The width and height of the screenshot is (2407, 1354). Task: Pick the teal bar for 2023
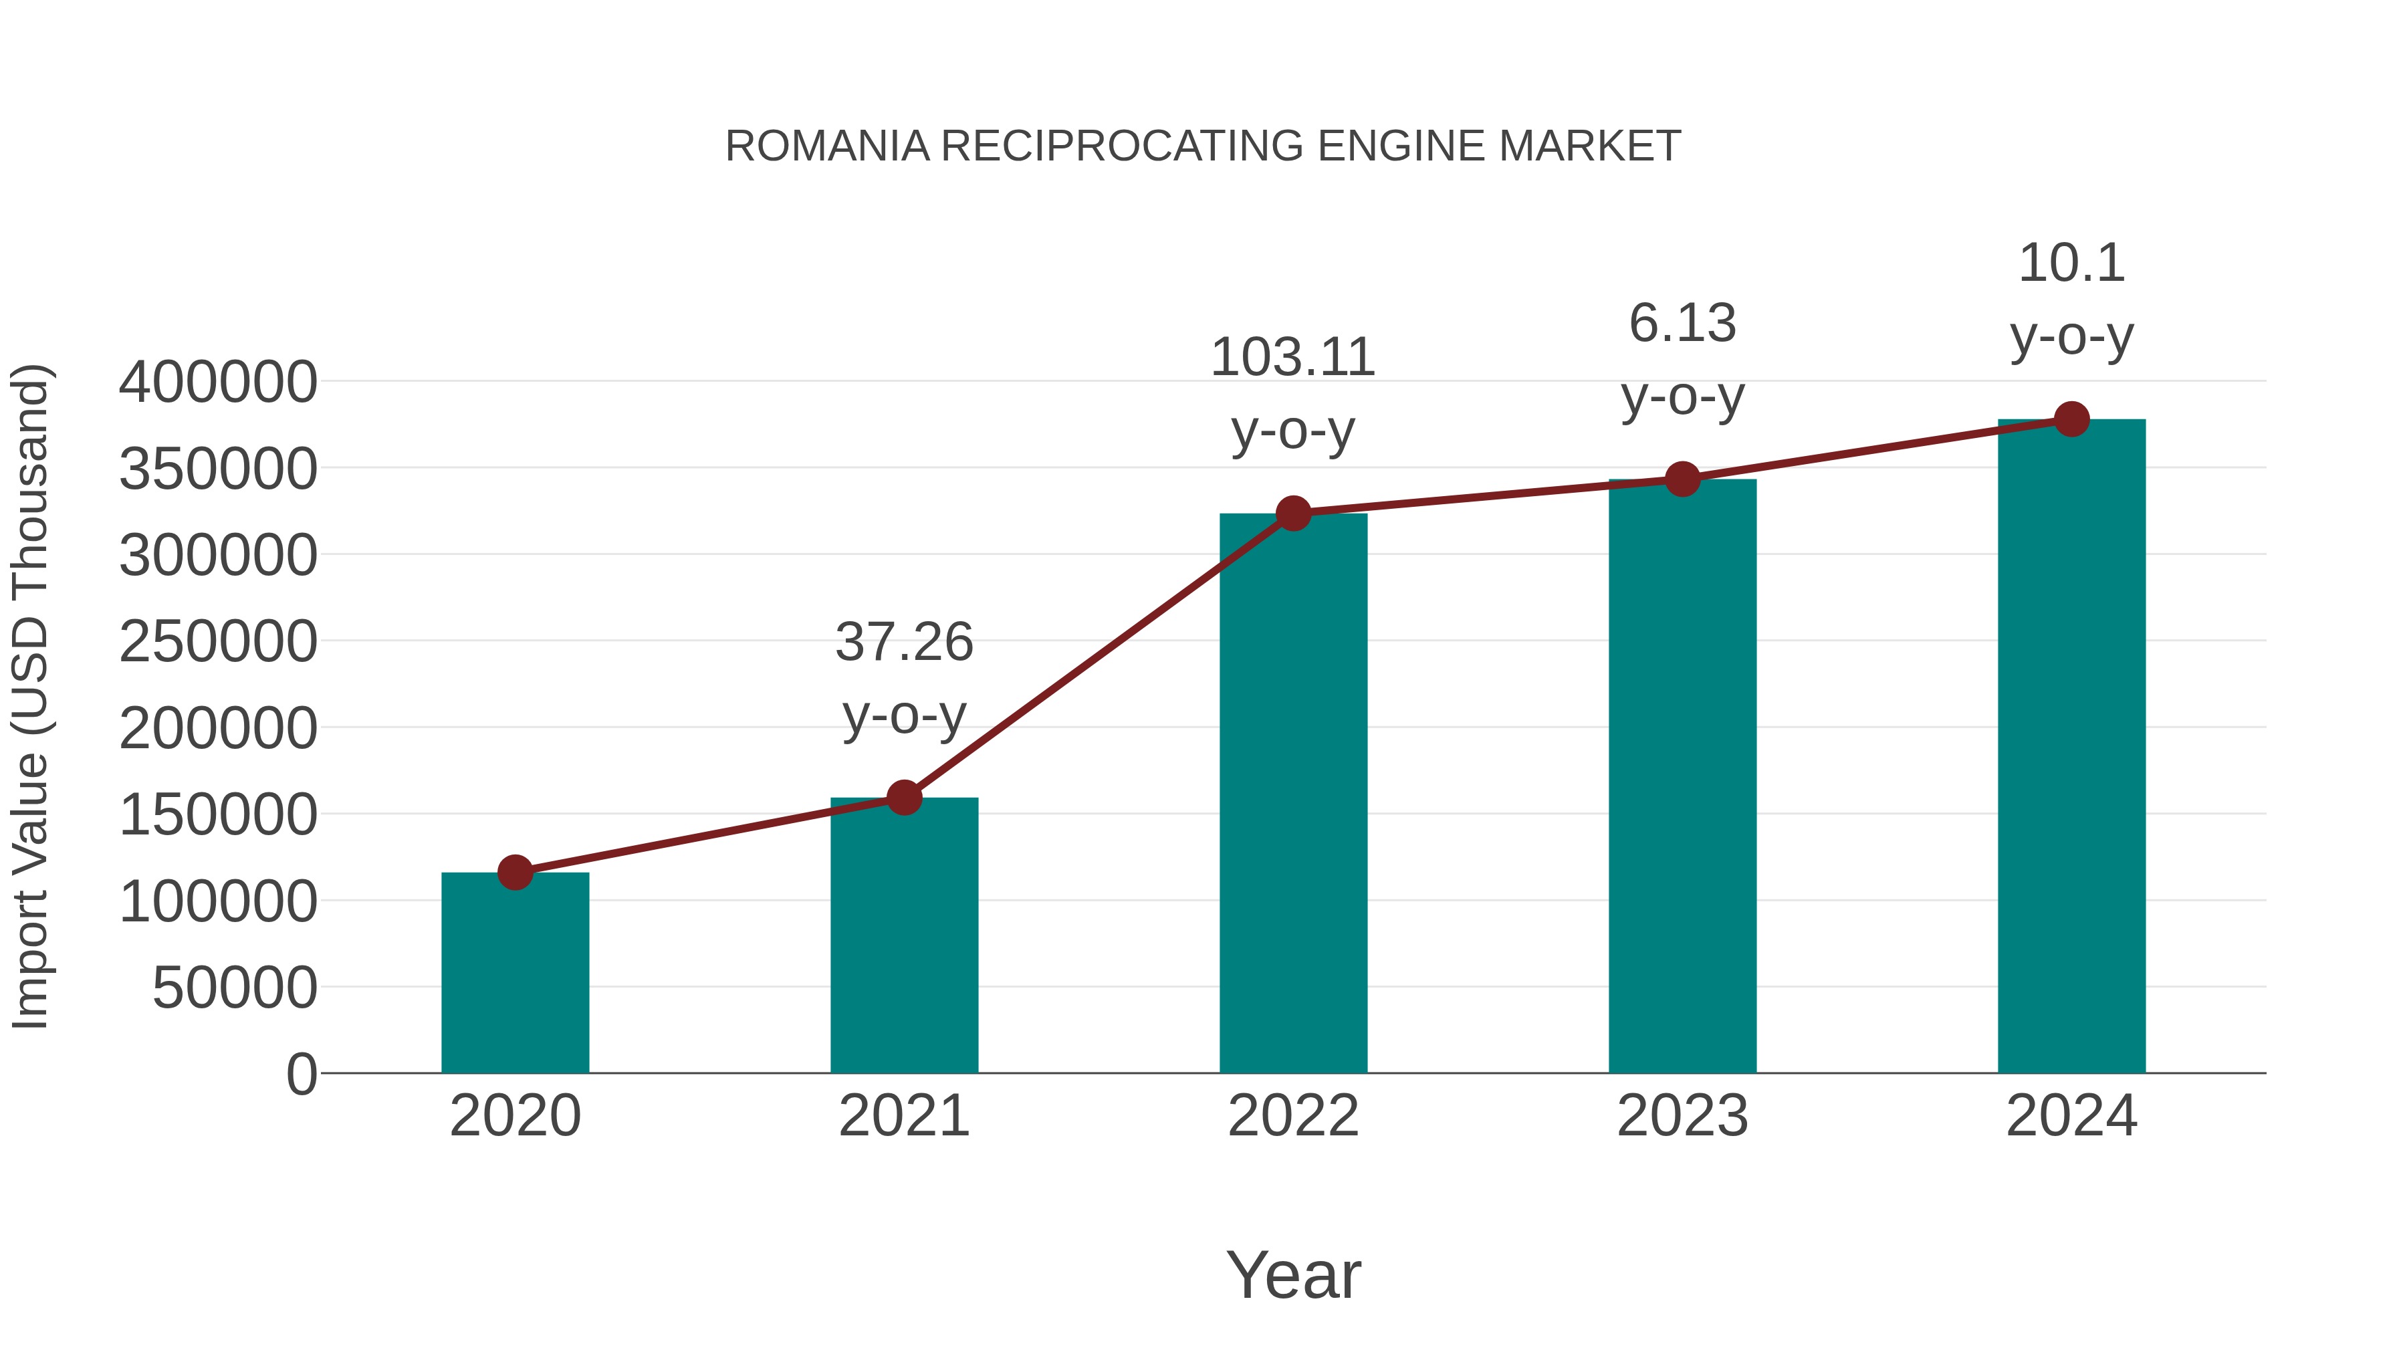click(1682, 776)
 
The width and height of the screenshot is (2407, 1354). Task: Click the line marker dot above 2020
click(515, 873)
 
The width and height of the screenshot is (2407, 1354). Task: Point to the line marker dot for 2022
click(1293, 513)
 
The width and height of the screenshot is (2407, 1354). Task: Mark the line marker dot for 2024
click(2071, 419)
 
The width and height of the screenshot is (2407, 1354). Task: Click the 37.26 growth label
click(903, 643)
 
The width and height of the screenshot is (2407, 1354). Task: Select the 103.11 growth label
click(1293, 358)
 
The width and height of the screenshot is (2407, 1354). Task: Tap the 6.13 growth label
click(1682, 324)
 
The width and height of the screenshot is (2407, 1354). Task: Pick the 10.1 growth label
click(2071, 263)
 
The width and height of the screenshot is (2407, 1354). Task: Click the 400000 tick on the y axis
click(218, 382)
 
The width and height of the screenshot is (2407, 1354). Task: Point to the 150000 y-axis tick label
click(218, 815)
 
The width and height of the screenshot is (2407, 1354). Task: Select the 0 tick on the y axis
click(302, 1075)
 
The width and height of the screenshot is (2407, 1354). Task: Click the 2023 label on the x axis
click(1682, 1116)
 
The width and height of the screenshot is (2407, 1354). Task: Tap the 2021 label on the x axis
click(903, 1116)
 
